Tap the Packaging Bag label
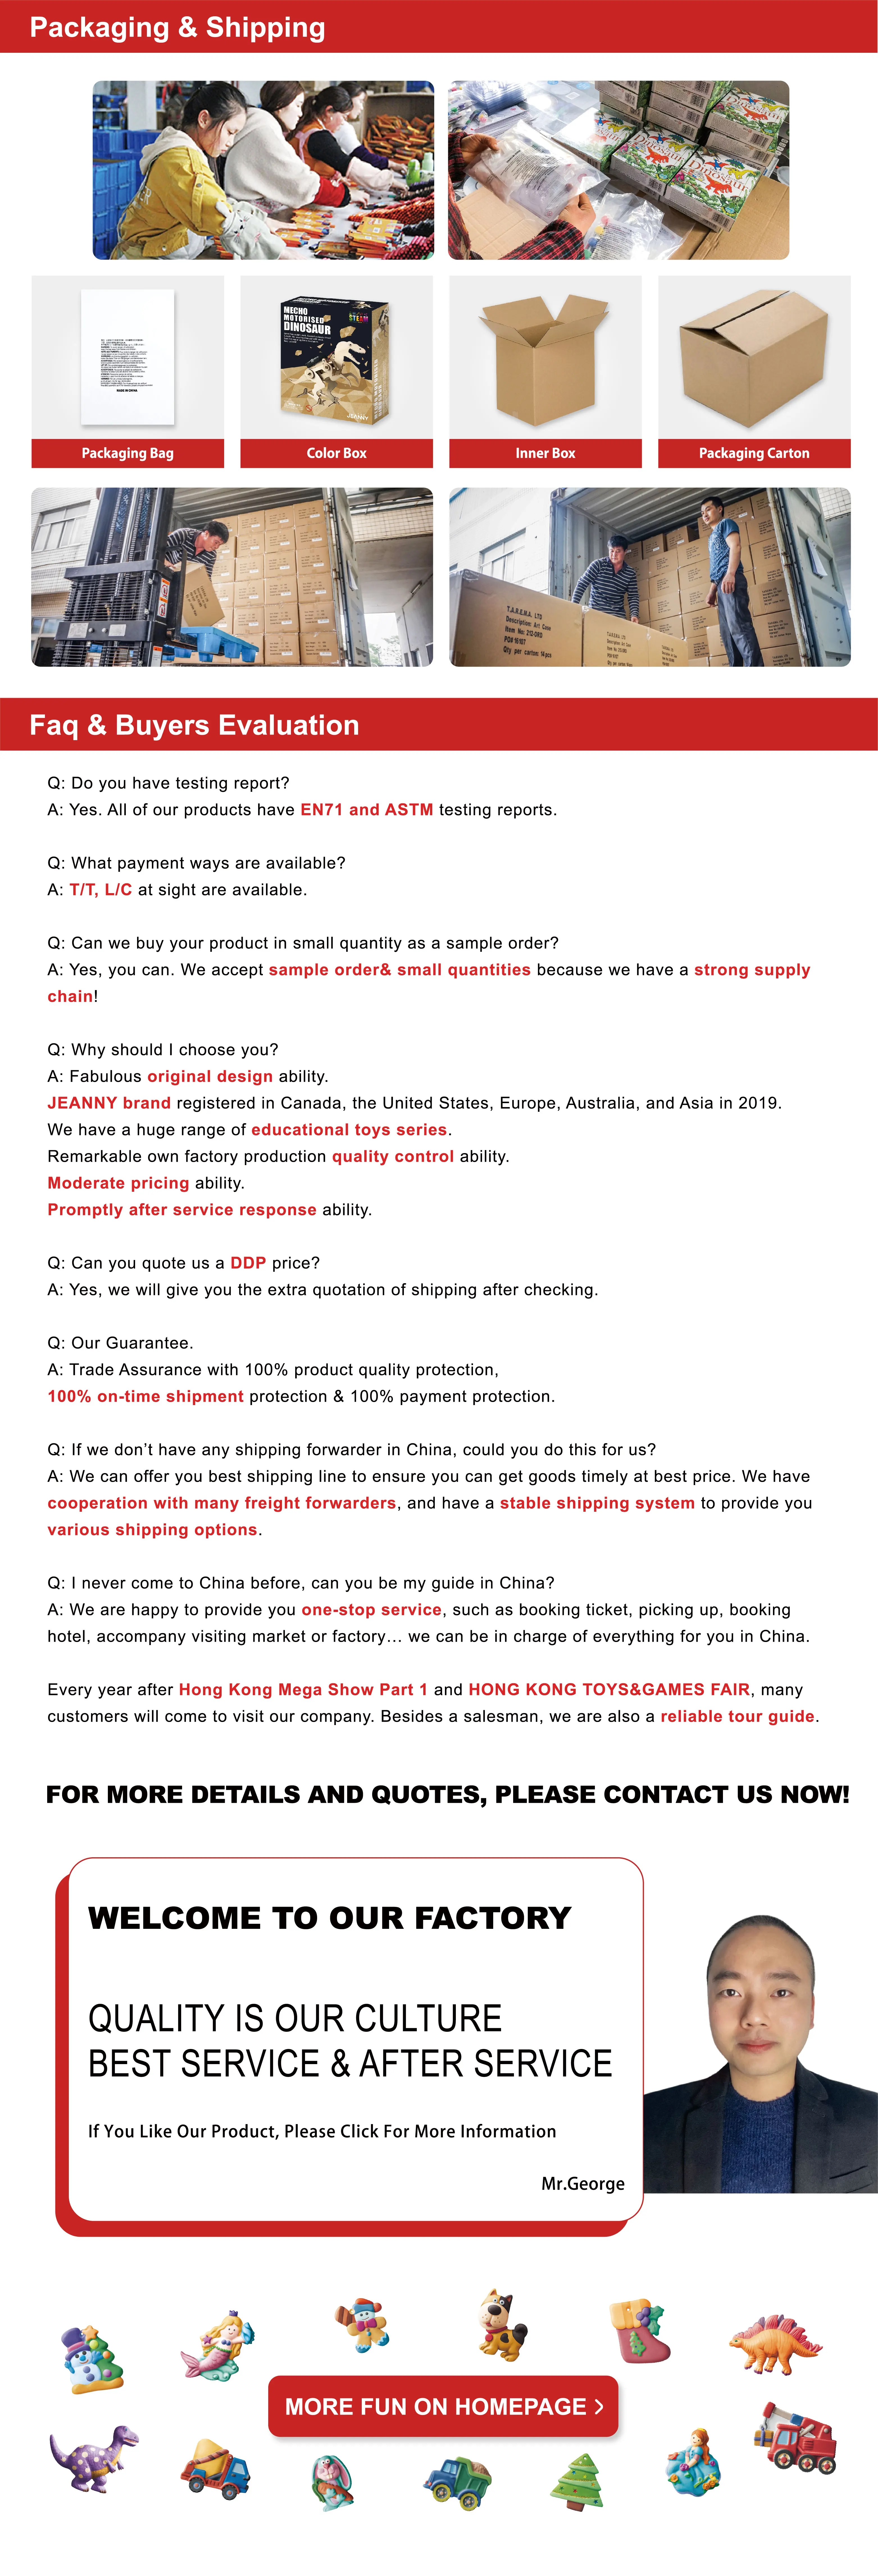128,453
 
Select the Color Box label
336,453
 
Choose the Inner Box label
545,453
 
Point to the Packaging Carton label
754,453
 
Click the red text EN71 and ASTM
366,809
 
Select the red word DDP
248,1262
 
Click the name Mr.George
582,2183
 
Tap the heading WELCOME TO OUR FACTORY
329,1917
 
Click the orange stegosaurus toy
775,2345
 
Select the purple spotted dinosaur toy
94,2457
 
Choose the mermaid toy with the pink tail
220,2344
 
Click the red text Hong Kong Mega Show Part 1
302,1689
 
